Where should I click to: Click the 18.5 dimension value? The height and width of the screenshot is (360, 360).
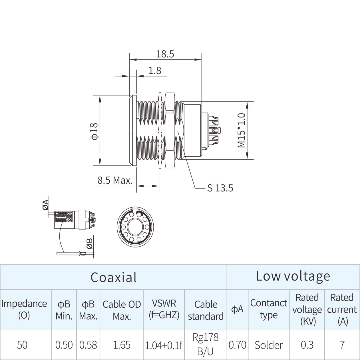(165, 54)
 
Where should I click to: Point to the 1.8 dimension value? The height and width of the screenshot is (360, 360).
(155, 71)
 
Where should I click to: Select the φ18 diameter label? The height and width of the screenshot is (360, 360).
(95, 131)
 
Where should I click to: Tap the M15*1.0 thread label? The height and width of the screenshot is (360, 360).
(241, 130)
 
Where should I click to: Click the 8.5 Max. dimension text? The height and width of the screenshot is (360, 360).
(115, 180)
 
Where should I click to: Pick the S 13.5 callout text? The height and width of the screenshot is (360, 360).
(220, 188)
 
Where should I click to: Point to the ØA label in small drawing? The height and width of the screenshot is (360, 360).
(45, 205)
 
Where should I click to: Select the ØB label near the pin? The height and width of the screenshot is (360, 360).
(89, 243)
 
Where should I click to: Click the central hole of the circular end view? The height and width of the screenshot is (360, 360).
(135, 227)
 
